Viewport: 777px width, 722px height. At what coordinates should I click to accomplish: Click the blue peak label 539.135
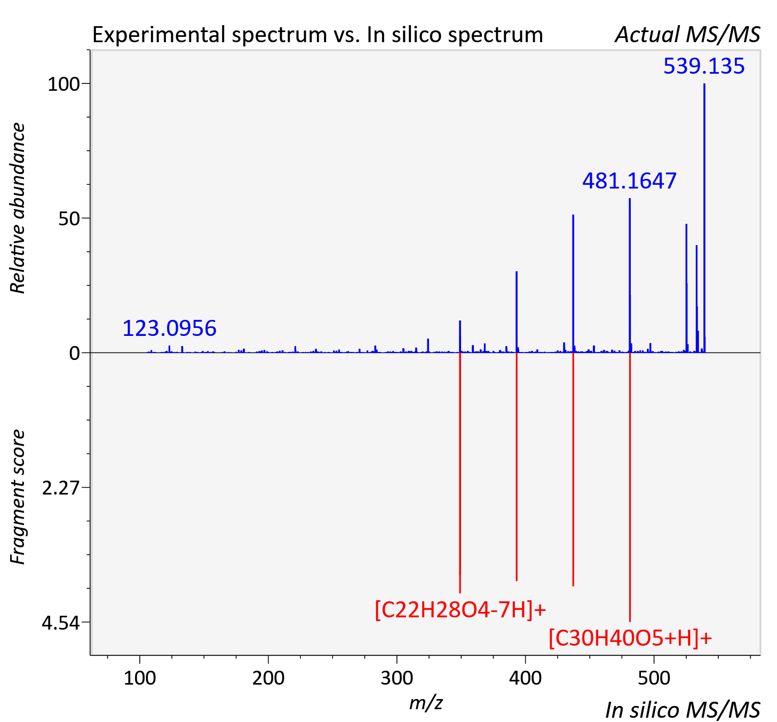pyautogui.click(x=704, y=66)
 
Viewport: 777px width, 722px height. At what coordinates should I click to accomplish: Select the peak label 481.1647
pyautogui.click(x=629, y=181)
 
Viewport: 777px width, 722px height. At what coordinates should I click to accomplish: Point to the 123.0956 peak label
pyautogui.click(x=169, y=328)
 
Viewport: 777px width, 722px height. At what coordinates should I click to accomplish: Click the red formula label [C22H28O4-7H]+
pyautogui.click(x=460, y=610)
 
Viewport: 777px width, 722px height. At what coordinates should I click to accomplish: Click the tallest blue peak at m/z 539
pyautogui.click(x=704, y=218)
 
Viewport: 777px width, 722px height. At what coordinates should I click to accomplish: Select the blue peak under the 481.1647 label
pyautogui.click(x=630, y=276)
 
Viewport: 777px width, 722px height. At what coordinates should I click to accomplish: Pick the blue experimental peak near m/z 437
pyautogui.click(x=573, y=284)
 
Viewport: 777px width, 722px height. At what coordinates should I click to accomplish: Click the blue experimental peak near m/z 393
pyautogui.click(x=517, y=312)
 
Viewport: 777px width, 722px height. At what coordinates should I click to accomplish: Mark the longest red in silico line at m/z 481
pyautogui.click(x=630, y=488)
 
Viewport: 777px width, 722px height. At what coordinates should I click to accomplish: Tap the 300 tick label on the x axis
pyautogui.click(x=397, y=678)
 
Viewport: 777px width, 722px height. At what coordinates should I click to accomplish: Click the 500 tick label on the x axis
pyautogui.click(x=654, y=678)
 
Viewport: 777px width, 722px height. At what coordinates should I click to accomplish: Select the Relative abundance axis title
pyautogui.click(x=18, y=208)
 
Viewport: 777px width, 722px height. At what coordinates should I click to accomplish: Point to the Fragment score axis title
pyautogui.click(x=18, y=497)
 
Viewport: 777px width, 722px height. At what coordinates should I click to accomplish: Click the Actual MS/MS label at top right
pyautogui.click(x=687, y=35)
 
